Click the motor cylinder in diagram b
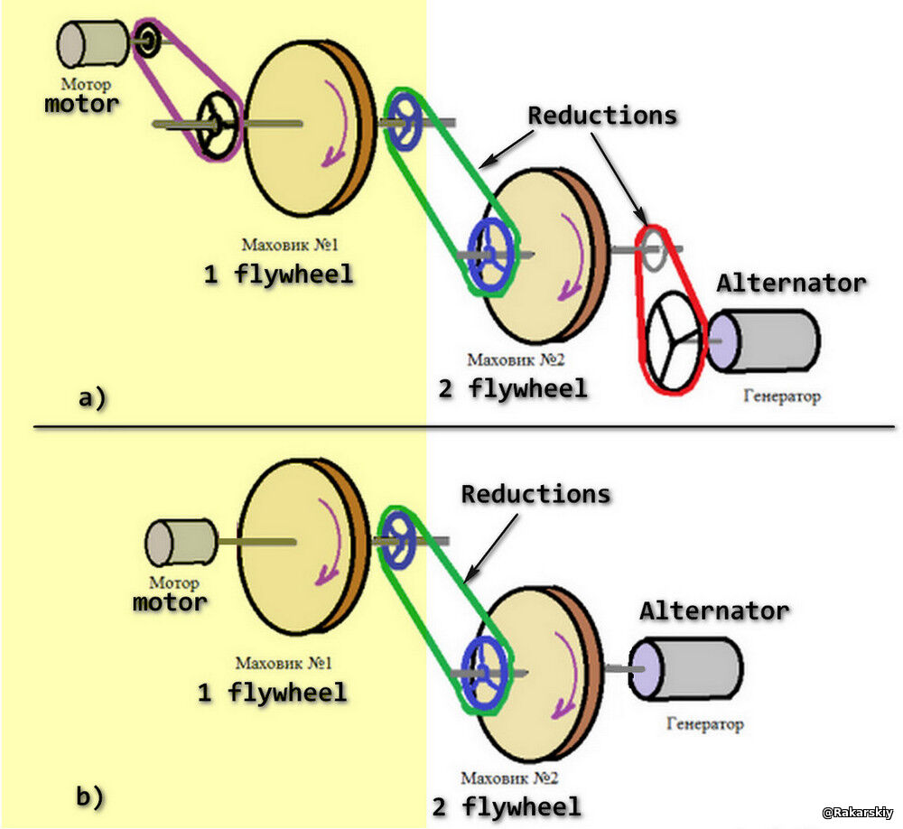tap(182, 542)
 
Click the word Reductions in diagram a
tap(602, 116)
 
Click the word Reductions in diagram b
tap(535, 494)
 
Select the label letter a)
tap(91, 397)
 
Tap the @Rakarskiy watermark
tap(857, 813)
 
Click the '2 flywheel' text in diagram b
tap(506, 806)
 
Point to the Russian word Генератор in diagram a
tap(782, 396)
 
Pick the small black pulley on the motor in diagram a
tap(147, 38)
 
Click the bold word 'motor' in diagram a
tap(81, 103)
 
